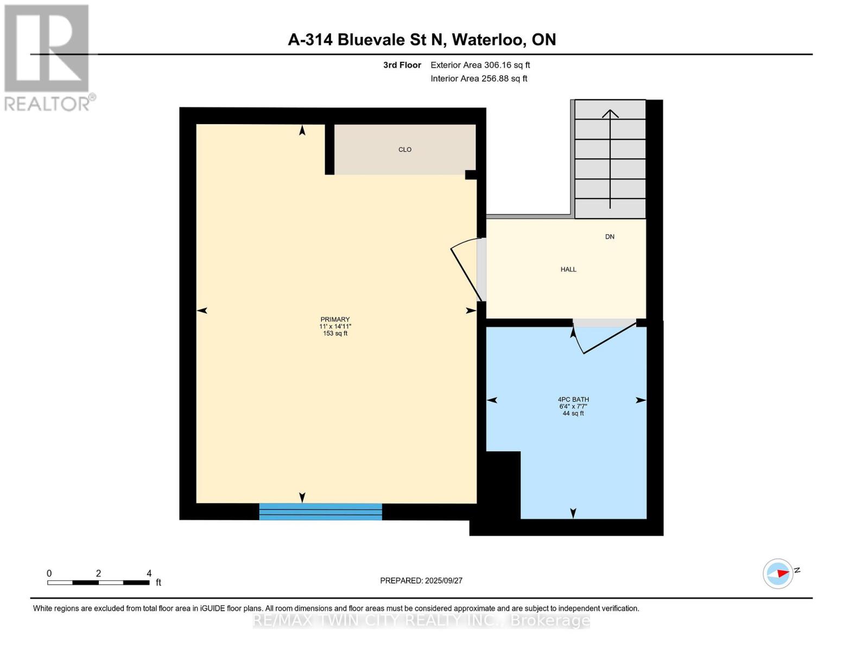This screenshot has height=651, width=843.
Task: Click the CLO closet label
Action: click(x=404, y=149)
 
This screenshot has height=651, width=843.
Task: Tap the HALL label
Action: click(x=568, y=270)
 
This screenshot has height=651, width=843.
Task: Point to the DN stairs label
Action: click(x=610, y=237)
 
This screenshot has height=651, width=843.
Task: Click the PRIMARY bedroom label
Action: click(x=335, y=320)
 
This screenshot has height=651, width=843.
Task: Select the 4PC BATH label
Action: click(x=573, y=399)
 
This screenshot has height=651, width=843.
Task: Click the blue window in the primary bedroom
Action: click(x=320, y=512)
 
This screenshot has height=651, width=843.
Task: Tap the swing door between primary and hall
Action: click(x=466, y=270)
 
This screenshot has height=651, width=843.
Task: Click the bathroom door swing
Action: click(x=604, y=339)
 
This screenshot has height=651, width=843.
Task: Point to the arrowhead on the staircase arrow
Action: click(x=610, y=113)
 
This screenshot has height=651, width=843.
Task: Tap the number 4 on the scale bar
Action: click(x=149, y=573)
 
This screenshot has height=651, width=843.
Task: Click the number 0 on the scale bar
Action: click(x=49, y=573)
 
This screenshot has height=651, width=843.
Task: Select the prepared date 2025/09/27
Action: click(x=443, y=580)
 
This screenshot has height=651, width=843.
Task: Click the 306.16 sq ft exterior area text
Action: click(x=506, y=65)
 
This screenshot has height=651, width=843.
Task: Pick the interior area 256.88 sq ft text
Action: click(x=504, y=79)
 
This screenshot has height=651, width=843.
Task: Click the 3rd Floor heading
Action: click(x=402, y=65)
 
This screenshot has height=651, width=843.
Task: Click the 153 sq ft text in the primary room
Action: click(x=335, y=334)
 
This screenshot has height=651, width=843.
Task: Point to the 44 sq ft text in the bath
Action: click(x=573, y=413)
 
